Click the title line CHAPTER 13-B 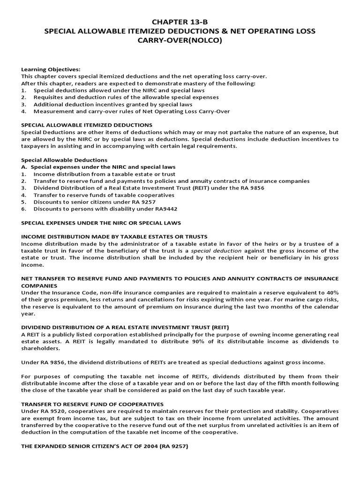[180, 22]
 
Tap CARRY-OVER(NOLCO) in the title [180, 40]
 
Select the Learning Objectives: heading [51, 69]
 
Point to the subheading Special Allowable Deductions [64, 160]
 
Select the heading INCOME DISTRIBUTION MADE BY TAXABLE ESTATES [114, 237]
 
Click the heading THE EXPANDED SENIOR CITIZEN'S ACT [105, 446]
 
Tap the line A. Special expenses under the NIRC [98, 167]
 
